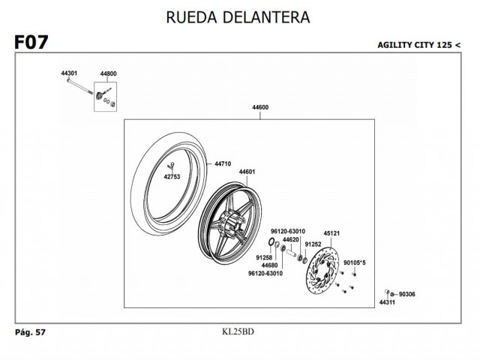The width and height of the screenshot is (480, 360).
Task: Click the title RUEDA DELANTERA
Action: coord(239,16)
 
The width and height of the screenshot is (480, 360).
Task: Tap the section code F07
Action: coord(31,43)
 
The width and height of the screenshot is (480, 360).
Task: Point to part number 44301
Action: coord(69,73)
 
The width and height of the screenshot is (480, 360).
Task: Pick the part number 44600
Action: coord(260,108)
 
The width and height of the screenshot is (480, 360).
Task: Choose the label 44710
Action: coord(223,163)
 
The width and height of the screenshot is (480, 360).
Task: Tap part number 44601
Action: coord(247,172)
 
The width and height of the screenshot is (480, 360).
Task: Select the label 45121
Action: coord(332,232)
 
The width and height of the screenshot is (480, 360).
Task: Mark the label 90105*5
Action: coord(354,262)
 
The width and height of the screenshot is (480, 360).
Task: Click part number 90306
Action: coord(408,294)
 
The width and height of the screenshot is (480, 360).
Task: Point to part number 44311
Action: coord(386,302)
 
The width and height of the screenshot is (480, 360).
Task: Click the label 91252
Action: coord(313,244)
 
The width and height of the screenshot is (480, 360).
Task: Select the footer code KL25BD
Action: coord(238,331)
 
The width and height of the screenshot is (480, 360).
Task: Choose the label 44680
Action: coord(270,265)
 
